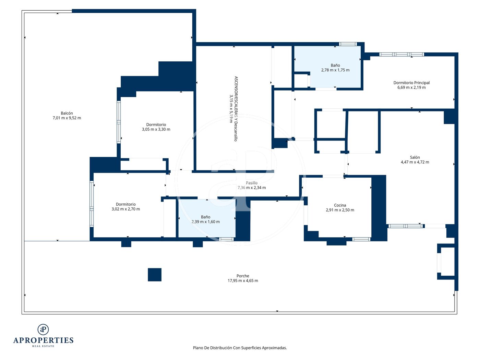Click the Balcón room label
pos(67,113)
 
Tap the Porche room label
pos(243,276)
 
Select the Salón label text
pos(415,157)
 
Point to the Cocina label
pos(340,205)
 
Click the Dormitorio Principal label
pos(411,83)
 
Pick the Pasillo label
pos(252,183)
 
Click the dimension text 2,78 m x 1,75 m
pos(335,70)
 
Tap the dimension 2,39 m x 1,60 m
pos(206,221)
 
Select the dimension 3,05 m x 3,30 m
pos(156,129)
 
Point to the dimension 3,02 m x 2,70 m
pos(126,209)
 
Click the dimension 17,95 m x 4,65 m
pos(243,281)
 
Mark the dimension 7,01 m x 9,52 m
pos(67,118)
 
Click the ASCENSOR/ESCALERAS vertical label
pos(236,109)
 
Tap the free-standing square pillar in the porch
pos(155,275)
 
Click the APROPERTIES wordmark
pos(43,340)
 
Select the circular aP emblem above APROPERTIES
pos(43,329)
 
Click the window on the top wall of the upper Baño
pos(348,44)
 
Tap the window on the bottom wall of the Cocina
pos(361,239)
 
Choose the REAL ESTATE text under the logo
pos(43,346)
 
